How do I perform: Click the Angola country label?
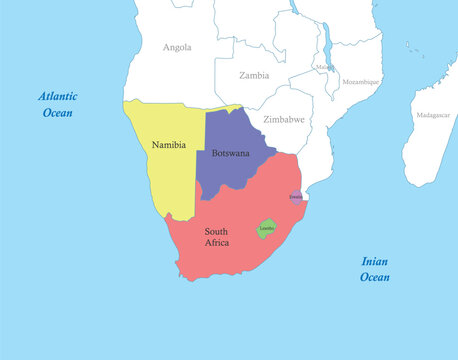click(177, 47)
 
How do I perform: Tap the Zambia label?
click(254, 75)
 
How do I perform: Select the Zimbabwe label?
click(284, 119)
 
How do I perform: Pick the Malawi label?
click(324, 67)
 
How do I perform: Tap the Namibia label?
click(169, 145)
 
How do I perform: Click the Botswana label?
click(230, 153)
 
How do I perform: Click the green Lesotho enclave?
click(267, 229)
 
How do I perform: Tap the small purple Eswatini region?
click(296, 197)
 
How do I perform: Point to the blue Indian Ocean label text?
click(375, 269)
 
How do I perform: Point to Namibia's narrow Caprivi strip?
click(224, 107)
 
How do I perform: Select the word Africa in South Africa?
click(218, 243)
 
